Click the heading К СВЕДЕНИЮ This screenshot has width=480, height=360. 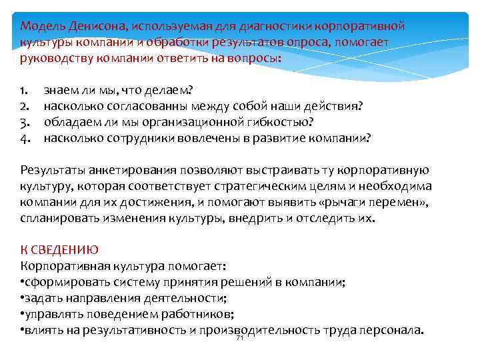coord(59,250)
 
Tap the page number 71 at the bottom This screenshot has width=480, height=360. coord(240,338)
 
